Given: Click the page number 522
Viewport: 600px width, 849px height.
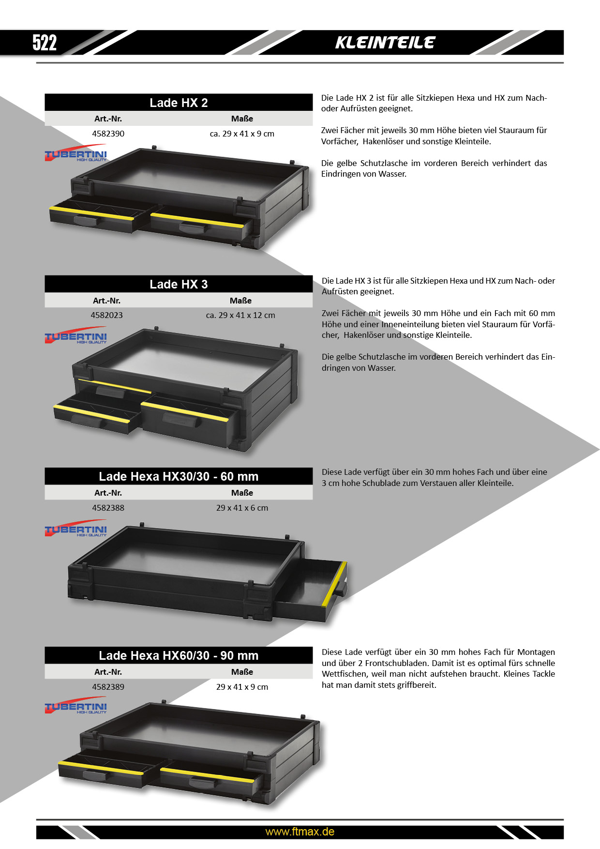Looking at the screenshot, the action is [x=45, y=43].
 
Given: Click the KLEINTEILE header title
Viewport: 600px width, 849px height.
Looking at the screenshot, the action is [x=385, y=43].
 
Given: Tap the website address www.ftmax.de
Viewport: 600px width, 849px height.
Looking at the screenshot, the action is [x=300, y=832].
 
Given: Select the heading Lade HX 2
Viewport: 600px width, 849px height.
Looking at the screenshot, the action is [x=179, y=103].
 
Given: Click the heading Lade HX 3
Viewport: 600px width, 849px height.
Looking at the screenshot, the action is [x=179, y=284].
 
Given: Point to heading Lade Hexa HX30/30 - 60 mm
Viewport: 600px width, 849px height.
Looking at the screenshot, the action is [x=179, y=476].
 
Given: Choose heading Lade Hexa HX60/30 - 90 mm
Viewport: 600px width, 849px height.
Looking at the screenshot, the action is [x=179, y=655].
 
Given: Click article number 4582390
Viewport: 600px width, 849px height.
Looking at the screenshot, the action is [x=108, y=134].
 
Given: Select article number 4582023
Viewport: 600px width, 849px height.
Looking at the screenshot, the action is [x=107, y=315].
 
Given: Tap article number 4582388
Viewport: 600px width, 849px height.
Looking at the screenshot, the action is [x=108, y=508].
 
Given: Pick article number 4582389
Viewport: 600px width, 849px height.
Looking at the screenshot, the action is [x=108, y=687].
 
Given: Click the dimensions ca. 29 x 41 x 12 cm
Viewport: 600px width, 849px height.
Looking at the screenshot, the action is [x=240, y=315].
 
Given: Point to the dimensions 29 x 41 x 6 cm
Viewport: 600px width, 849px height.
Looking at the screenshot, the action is [x=242, y=508].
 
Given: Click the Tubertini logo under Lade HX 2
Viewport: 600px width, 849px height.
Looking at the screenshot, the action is [x=76, y=153].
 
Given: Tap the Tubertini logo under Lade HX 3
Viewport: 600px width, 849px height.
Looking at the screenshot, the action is [x=76, y=335].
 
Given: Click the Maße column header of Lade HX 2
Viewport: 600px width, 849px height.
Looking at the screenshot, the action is [x=242, y=119].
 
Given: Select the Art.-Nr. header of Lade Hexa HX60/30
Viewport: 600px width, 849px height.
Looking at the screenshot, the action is [x=108, y=672].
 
